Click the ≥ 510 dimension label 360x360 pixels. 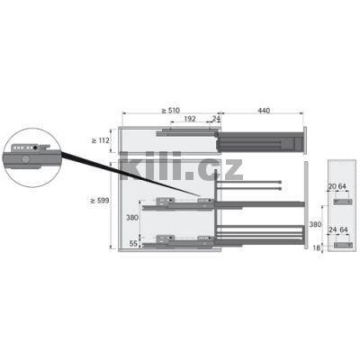pos(170,111)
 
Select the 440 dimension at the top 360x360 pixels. pos(264,111)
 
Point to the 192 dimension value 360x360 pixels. pos(190,119)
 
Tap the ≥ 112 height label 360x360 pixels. pos(101,140)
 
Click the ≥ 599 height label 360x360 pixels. pos(100,201)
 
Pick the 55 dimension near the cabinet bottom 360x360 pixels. pos(133,244)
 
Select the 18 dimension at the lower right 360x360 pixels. pos(317,248)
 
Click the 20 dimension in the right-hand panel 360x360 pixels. pos(332,186)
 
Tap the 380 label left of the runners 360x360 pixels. pos(132,218)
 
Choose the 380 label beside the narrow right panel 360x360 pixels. pos(315,224)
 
